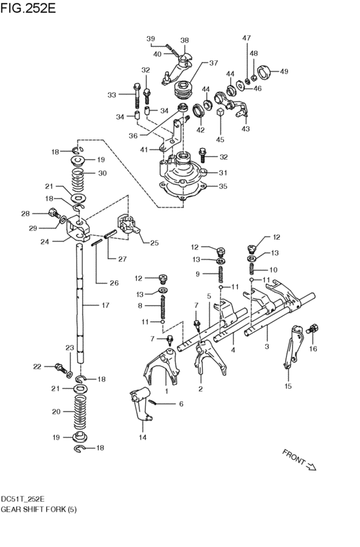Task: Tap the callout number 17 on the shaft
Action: [x=105, y=305]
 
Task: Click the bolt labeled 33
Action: [x=137, y=96]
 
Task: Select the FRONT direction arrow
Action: [x=312, y=466]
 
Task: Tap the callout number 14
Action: [x=143, y=437]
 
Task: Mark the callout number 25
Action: [x=154, y=242]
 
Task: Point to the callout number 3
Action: [x=267, y=346]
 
